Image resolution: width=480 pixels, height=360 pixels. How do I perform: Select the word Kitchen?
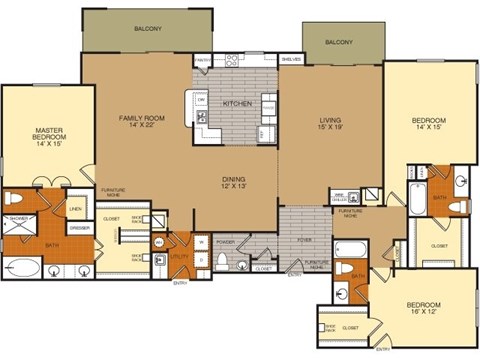236,104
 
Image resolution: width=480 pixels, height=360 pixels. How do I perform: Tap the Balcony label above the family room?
148,28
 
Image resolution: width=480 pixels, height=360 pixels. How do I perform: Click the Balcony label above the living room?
339,42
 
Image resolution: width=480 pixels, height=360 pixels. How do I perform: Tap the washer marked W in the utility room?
202,241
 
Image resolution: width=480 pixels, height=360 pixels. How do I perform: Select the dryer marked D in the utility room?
202,258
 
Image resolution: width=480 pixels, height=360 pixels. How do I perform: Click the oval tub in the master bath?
22,268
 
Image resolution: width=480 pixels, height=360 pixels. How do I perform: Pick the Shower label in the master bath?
20,216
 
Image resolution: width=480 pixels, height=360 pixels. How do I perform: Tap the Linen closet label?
75,208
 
